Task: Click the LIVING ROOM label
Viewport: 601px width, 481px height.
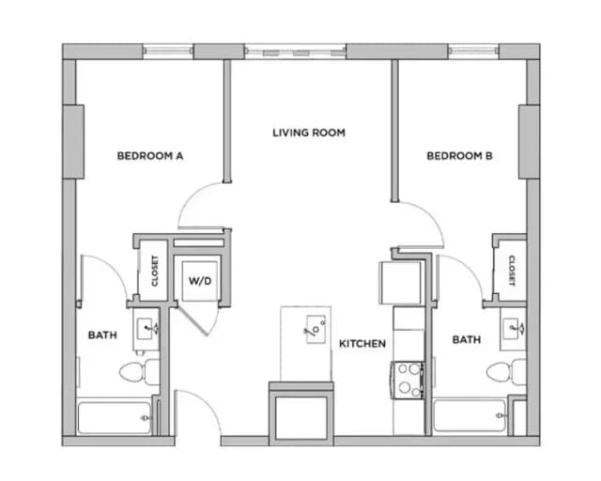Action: coord(309,132)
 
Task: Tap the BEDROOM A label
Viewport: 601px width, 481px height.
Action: coord(149,156)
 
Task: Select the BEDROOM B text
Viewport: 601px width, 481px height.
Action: coord(460,156)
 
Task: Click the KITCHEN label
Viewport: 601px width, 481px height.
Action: coord(362,344)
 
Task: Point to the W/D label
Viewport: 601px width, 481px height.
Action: coord(199,281)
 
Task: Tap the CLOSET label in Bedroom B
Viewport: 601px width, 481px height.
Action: coord(512,271)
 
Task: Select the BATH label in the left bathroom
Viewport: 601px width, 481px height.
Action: coord(102,334)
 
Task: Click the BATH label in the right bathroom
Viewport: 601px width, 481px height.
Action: coord(467,339)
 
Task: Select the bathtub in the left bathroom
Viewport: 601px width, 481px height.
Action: coord(115,417)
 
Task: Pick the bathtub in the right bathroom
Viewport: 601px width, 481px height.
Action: coord(470,414)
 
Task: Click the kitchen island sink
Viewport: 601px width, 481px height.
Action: coord(315,329)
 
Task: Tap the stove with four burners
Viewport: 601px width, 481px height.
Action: coord(408,379)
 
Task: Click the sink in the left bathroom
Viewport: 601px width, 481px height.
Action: coord(147,328)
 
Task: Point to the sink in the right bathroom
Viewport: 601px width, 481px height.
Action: coord(513,328)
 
